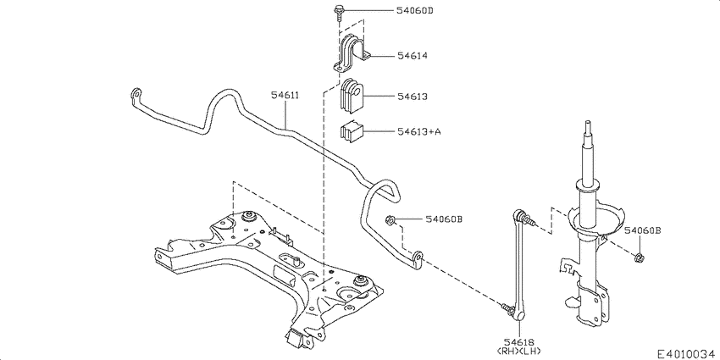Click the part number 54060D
pos(415,12)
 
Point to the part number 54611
pos(285,96)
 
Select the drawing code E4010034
pos(686,351)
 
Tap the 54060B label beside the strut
pos(643,230)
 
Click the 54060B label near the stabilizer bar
pos(444,220)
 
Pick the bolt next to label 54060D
pos(339,12)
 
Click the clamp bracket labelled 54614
pos(351,54)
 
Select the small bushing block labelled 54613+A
pos(351,131)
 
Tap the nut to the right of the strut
pos(640,256)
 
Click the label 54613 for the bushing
pos(412,97)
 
